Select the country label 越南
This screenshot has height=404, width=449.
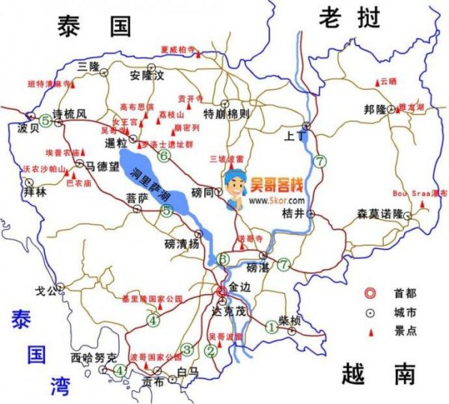pyautogui.click(x=377, y=372)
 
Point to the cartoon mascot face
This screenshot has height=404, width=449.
pyautogui.click(x=238, y=185)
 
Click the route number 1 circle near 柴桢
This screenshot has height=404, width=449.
pyautogui.click(x=271, y=325)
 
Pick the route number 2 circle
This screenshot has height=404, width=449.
pyautogui.click(x=212, y=350)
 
